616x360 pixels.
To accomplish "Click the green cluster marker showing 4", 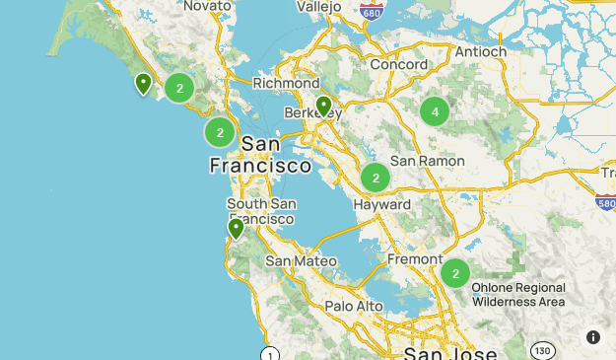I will click(x=435, y=112).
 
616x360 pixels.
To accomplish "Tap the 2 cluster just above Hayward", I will click(x=375, y=179).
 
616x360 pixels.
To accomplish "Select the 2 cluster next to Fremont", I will click(x=454, y=273).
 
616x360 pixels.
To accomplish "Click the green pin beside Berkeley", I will click(x=323, y=107).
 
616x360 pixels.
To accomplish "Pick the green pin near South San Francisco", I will click(x=236, y=229).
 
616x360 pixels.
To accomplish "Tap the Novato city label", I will click(x=205, y=6).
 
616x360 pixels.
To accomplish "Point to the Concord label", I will click(x=398, y=64).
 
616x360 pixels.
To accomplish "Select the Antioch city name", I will click(x=480, y=51).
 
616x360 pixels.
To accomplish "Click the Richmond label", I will click(x=286, y=84).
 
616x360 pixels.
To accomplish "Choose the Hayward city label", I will click(x=380, y=204).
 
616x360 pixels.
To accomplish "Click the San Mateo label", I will click(x=302, y=261).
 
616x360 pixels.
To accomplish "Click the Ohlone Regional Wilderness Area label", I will click(x=517, y=295).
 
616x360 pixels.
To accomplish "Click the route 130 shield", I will click(x=542, y=350).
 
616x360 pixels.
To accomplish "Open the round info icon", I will click(x=593, y=336).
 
